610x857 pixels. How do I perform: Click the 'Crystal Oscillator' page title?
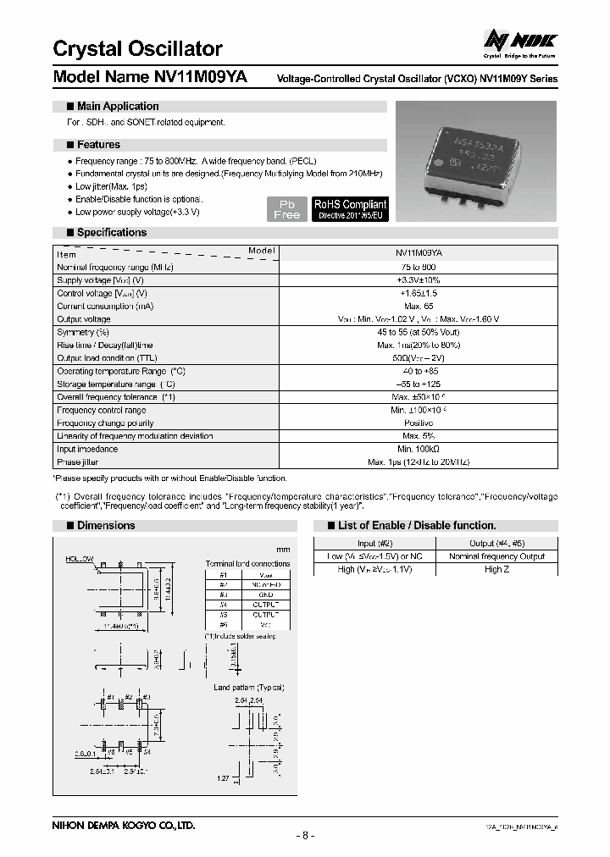(138, 48)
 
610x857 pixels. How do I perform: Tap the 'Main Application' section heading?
(117, 107)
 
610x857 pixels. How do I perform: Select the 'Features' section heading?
(98, 145)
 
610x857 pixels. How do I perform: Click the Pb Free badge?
(287, 209)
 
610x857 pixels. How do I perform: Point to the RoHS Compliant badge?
(350, 209)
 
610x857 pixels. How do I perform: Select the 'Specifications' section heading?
(111, 232)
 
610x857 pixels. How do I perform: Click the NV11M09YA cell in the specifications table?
(418, 253)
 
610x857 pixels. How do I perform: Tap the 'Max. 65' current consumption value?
(418, 306)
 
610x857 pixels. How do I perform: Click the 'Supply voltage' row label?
(100, 279)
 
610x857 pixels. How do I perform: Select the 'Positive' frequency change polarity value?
(418, 423)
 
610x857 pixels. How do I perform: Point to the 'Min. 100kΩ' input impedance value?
(418, 449)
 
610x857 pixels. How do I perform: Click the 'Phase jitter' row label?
(81, 462)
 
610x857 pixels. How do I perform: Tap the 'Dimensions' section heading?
(105, 525)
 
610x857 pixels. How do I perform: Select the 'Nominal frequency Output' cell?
(496, 556)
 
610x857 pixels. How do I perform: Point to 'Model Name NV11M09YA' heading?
(151, 77)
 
